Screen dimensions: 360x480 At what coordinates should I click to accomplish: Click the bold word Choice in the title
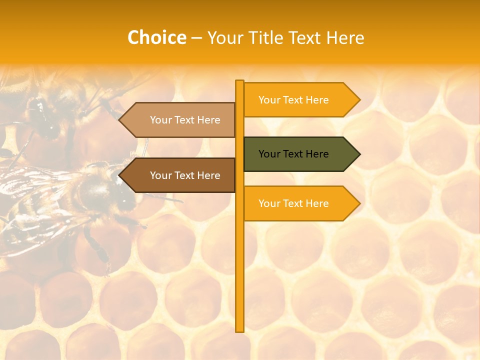(156, 38)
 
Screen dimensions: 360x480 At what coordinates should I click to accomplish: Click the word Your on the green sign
(269, 154)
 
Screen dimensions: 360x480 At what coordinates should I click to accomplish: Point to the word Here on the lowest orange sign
(317, 203)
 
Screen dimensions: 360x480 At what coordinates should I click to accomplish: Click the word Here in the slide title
(345, 38)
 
